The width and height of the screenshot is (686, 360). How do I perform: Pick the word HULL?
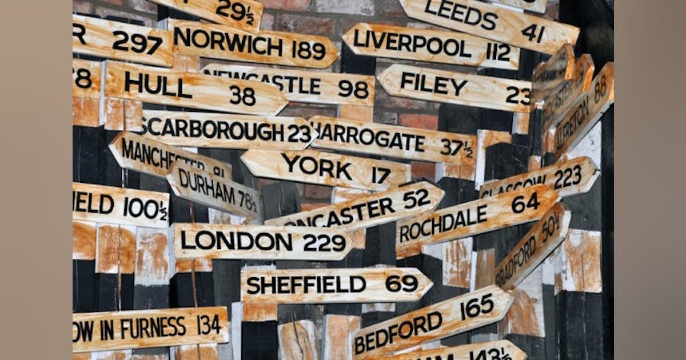tap(158, 86)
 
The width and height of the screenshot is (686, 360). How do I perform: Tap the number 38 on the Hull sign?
tap(242, 95)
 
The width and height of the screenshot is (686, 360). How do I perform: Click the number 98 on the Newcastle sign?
tap(353, 89)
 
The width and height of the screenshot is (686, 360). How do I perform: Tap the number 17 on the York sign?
tap(381, 175)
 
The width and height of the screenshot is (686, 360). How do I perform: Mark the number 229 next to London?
tap(324, 243)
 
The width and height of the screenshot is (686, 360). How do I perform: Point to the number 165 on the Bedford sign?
tap(477, 307)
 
